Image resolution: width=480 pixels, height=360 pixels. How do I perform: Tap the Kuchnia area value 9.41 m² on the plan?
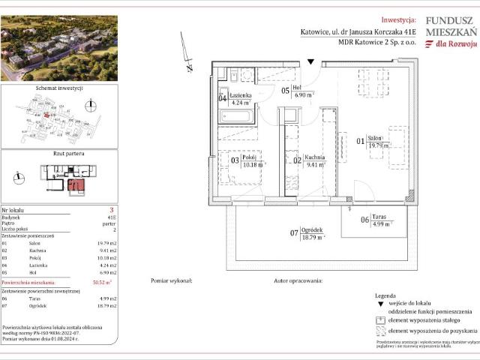click(313, 166)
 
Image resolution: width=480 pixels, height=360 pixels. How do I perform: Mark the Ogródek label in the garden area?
click(312, 229)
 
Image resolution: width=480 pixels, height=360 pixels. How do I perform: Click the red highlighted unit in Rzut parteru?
click(74, 183)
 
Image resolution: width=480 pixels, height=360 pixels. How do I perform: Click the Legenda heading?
click(385, 296)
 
